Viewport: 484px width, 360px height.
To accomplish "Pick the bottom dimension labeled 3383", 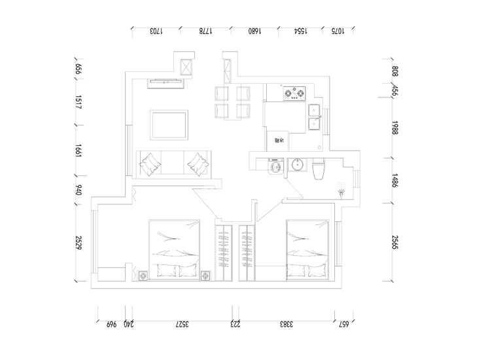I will (285, 324).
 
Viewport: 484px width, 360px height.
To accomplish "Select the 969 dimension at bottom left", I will (111, 324).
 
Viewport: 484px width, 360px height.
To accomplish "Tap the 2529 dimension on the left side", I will (78, 244).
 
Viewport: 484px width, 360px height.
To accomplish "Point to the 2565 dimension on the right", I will (395, 243).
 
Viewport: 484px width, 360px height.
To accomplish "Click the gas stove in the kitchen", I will (294, 94).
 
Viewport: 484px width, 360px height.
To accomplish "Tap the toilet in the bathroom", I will (319, 170).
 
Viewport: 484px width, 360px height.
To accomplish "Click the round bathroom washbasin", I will (298, 164).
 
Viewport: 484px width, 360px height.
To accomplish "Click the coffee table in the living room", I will (169, 124).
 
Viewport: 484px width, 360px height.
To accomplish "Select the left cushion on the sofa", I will (151, 162).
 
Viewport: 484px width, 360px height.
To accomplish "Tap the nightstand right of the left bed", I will (207, 276).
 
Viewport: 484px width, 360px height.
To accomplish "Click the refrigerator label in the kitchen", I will (279, 140).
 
